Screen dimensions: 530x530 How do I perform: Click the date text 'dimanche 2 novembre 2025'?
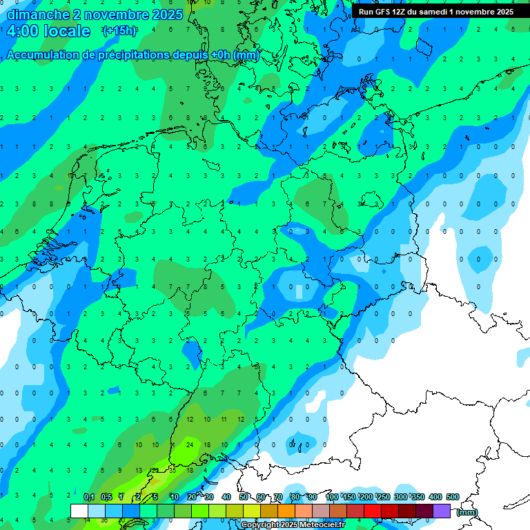[x=95, y=14]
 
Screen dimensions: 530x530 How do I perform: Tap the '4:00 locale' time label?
[x=48, y=31]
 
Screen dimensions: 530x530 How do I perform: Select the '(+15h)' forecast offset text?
[x=119, y=30]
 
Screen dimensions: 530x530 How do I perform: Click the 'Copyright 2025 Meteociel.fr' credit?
[x=293, y=525]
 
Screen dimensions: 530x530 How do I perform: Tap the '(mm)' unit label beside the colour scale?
[x=467, y=512]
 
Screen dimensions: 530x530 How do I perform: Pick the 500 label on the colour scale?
[x=453, y=497]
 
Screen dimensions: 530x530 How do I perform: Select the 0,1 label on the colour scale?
[x=89, y=497]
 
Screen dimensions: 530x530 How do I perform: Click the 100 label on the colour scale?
[x=332, y=497]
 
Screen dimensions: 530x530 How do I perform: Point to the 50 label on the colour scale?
[x=244, y=497]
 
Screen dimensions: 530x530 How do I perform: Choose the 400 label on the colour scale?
[x=435, y=497]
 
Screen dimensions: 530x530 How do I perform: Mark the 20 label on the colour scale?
[x=191, y=497]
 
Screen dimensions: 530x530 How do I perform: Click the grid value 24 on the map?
[x=190, y=445]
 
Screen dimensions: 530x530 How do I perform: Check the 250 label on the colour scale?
[x=384, y=497]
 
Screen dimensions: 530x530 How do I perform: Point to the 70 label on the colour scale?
[x=278, y=497]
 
